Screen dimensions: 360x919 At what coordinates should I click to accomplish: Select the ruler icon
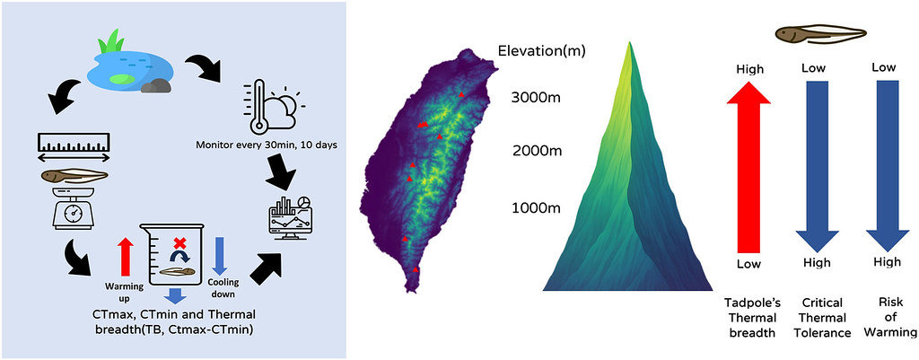[x=73, y=144]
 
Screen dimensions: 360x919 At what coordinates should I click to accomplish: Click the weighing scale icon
[x=74, y=208]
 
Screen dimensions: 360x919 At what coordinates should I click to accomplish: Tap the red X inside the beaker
[x=179, y=242]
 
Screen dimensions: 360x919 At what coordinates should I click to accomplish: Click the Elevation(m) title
[x=541, y=50]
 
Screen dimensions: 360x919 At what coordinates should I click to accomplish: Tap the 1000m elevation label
[x=536, y=208]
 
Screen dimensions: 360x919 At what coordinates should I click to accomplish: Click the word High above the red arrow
[x=748, y=68]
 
